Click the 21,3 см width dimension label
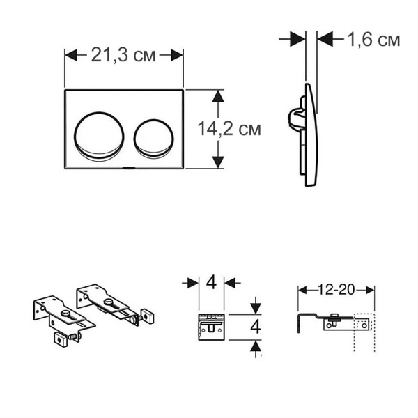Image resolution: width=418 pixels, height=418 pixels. tap(123, 55)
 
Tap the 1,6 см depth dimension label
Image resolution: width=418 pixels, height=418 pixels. tap(373, 40)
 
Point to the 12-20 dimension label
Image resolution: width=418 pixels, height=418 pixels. tap(336, 288)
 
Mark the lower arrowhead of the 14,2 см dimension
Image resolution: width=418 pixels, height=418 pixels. tap(218, 162)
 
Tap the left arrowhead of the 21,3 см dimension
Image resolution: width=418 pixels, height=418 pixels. tap(70, 55)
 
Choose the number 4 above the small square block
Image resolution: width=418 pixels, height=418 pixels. tap(210, 283)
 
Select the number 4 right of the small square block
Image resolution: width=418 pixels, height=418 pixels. tap(256, 325)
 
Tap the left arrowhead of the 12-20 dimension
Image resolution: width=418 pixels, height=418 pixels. tap(303, 288)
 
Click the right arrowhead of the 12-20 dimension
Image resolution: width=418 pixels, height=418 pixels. tap(371, 288)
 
